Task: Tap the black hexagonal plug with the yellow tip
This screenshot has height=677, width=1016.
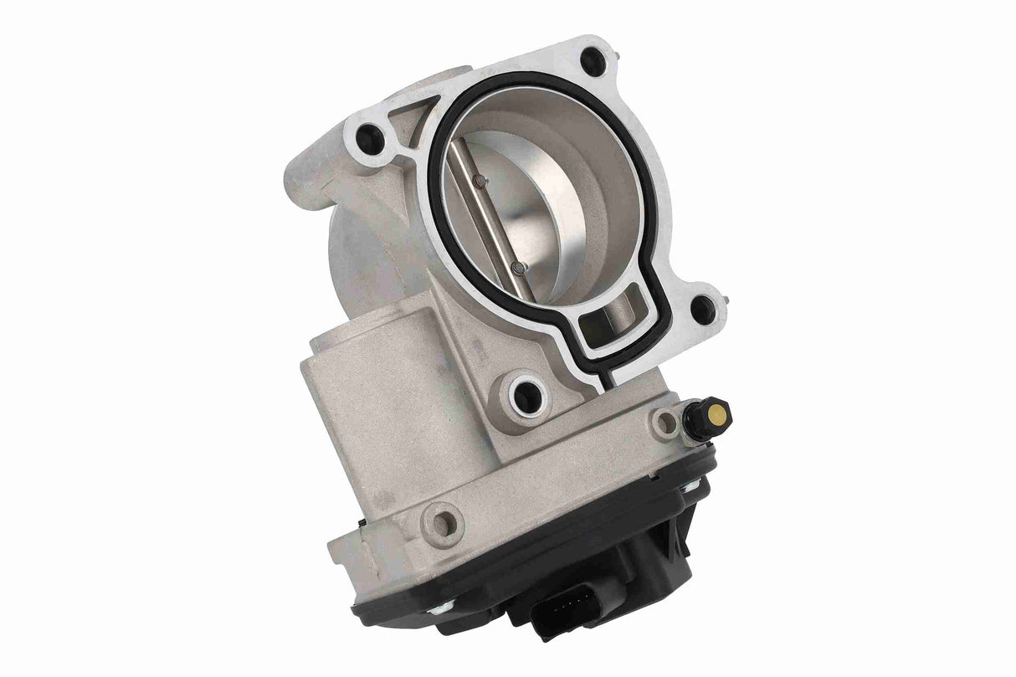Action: (705, 416)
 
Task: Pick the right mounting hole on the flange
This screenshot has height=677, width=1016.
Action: (704, 310)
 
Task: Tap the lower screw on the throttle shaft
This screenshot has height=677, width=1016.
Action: (519, 268)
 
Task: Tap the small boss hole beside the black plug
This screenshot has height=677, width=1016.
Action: (665, 423)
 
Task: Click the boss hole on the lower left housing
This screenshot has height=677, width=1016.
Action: (444, 523)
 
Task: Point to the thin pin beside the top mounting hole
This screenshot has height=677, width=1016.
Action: (616, 51)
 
